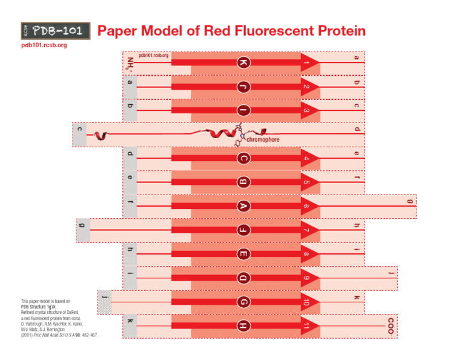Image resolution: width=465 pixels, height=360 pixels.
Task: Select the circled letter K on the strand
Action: tap(243, 63)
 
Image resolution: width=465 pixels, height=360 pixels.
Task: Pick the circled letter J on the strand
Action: tap(243, 87)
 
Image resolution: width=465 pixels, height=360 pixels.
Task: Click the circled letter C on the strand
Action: tap(243, 159)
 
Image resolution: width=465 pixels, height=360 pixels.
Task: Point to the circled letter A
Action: tap(243, 207)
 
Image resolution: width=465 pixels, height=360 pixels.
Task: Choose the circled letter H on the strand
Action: tap(243, 326)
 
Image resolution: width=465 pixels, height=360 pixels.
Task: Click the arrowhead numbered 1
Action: tap(309, 63)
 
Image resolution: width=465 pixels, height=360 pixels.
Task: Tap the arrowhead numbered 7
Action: tap(309, 230)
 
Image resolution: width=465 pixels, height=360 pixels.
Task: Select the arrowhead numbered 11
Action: tap(309, 326)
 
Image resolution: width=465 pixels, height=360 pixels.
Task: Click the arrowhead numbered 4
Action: tap(309, 159)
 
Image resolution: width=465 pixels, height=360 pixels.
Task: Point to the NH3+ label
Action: tap(131, 63)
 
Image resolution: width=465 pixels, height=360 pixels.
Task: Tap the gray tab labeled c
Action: tap(79, 130)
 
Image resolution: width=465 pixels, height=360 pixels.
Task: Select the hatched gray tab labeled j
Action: tap(105, 297)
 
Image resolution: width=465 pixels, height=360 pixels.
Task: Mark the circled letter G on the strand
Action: tap(243, 302)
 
